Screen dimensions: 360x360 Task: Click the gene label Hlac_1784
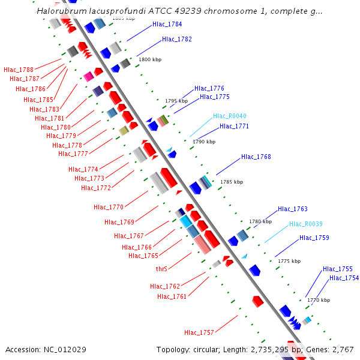click(167, 25)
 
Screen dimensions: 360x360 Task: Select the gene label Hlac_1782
click(177, 39)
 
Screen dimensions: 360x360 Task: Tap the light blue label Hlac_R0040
click(230, 116)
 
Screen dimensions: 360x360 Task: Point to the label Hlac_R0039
click(306, 224)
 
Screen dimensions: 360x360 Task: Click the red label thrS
click(161, 269)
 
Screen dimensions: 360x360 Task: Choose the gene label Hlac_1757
click(199, 332)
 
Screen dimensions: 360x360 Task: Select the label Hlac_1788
click(19, 70)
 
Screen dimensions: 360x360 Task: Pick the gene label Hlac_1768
click(256, 157)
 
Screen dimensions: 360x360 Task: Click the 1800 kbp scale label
click(150, 60)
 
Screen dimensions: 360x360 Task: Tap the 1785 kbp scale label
click(232, 182)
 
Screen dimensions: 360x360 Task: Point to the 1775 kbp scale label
click(289, 262)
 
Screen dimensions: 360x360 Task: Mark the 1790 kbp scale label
click(204, 142)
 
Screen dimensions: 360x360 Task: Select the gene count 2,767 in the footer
click(342, 349)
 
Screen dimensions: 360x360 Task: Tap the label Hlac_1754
click(344, 278)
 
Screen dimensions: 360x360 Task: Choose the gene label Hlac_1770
click(109, 207)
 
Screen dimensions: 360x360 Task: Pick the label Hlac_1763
click(293, 209)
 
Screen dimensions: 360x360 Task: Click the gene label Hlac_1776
click(209, 88)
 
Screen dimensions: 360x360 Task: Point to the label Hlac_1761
click(172, 296)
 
